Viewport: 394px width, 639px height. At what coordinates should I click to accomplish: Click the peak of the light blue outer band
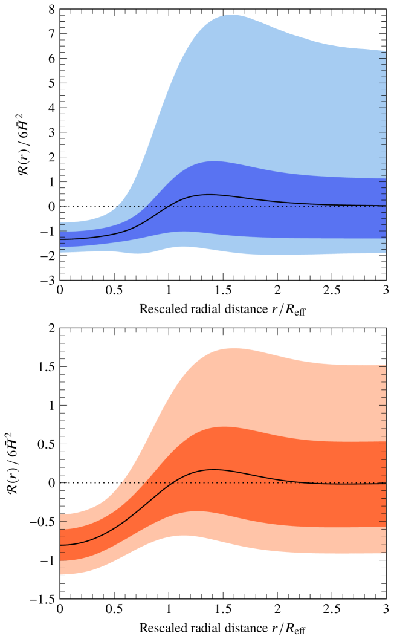click(232, 15)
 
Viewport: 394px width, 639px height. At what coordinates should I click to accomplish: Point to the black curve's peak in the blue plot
click(209, 195)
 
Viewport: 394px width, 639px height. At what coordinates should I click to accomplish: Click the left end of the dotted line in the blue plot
click(120, 206)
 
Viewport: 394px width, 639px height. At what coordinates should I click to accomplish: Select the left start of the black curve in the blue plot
click(60, 239)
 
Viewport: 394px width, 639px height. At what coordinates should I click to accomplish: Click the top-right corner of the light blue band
click(385, 51)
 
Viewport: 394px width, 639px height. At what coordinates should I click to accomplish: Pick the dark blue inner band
click(272, 218)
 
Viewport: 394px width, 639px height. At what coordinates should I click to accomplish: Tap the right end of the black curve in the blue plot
click(385, 206)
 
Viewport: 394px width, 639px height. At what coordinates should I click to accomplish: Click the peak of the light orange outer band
click(232, 348)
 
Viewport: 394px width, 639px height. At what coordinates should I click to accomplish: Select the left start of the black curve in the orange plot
click(60, 545)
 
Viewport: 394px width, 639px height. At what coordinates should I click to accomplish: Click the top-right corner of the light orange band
click(385, 365)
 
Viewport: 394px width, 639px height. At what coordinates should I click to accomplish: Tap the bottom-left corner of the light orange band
click(61, 574)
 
